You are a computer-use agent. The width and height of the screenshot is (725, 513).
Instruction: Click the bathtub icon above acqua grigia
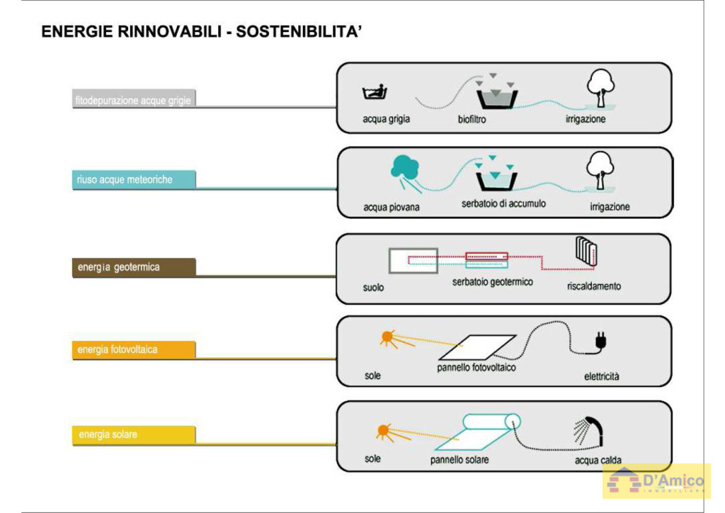(x=375, y=93)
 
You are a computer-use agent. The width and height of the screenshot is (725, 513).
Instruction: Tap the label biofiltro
(x=472, y=120)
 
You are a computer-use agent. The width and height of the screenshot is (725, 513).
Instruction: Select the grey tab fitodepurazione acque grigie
(x=133, y=100)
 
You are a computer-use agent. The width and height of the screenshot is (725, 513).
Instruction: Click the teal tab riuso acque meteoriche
(x=133, y=180)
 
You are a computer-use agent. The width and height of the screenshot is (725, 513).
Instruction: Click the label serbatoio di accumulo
(x=503, y=203)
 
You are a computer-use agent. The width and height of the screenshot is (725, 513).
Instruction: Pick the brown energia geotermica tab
(x=133, y=267)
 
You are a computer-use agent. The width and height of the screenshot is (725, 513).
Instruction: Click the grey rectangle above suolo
(x=413, y=261)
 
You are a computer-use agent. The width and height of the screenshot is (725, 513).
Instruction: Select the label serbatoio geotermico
(x=493, y=282)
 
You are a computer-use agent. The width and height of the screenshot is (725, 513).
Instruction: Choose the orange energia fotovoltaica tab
(x=133, y=349)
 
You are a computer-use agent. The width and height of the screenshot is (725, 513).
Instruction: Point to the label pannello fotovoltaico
(x=476, y=368)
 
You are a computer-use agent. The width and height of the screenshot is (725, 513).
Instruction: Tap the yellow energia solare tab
(x=133, y=434)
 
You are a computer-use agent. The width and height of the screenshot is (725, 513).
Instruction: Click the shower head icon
(x=589, y=429)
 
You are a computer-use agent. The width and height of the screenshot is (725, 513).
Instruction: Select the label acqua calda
(x=598, y=461)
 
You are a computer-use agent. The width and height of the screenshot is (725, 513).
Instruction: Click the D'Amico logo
(x=656, y=481)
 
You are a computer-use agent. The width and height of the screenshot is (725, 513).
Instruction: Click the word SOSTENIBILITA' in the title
(x=299, y=32)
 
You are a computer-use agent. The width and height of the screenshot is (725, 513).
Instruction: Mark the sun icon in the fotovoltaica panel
(x=387, y=337)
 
